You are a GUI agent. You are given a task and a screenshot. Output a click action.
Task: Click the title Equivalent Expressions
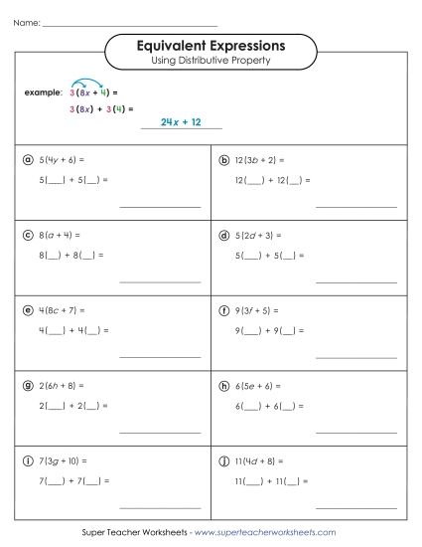211,45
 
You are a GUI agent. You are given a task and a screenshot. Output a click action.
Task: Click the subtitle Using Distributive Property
211,60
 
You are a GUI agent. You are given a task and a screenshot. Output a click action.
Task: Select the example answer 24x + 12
181,121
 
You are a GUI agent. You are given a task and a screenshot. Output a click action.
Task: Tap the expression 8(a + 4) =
59,236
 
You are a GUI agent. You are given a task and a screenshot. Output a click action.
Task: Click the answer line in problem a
159,206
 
